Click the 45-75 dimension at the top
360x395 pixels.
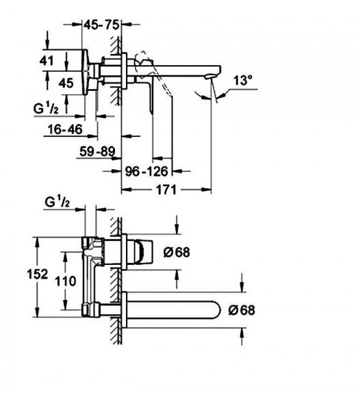click(x=101, y=25)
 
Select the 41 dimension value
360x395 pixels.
click(x=47, y=61)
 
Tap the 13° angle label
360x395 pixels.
click(x=242, y=81)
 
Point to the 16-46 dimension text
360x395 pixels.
click(x=65, y=129)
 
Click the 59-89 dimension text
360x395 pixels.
click(x=97, y=151)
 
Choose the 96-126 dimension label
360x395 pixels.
click(x=146, y=172)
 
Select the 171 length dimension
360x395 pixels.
click(x=166, y=190)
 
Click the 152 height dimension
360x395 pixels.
click(x=38, y=274)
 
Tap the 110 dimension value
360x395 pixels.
click(x=66, y=281)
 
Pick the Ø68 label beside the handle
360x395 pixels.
click(x=177, y=252)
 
